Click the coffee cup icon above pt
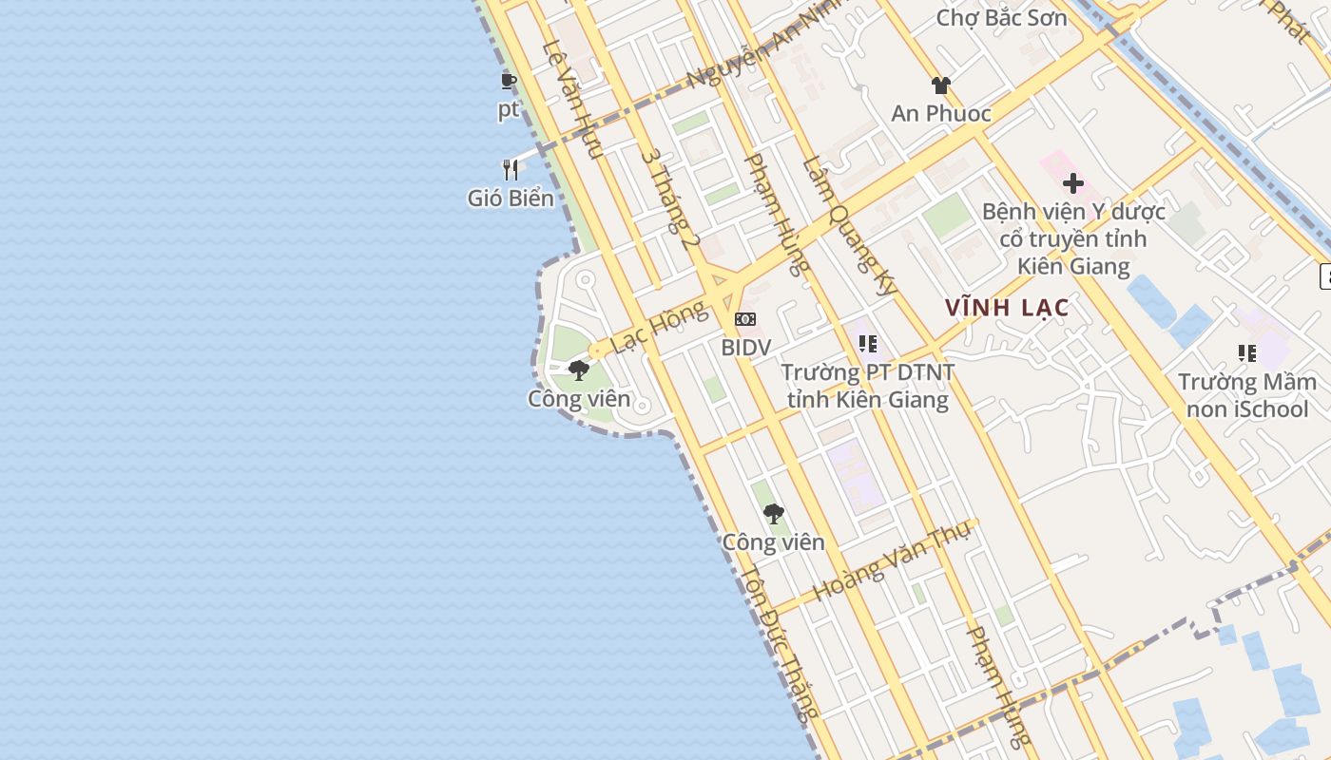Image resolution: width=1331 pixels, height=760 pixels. tap(509, 81)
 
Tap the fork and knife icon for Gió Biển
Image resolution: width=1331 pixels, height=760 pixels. tap(511, 170)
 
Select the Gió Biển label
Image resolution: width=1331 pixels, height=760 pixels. tap(511, 198)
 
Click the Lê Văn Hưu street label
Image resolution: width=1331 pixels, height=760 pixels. tap(572, 99)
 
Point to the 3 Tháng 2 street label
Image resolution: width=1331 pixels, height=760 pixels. tap(670, 199)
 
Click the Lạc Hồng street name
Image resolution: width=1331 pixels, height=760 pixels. tap(659, 326)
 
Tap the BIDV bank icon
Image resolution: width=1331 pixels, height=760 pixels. tap(745, 319)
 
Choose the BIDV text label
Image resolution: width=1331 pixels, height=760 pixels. tap(745, 348)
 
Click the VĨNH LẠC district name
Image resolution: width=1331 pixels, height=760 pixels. tap(1007, 308)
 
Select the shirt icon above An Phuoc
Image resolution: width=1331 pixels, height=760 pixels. tap(941, 85)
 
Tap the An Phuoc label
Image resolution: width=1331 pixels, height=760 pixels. tap(941, 114)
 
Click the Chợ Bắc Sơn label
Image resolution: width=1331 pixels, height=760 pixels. tap(1001, 17)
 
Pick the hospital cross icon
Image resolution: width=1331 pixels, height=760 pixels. tap(1073, 183)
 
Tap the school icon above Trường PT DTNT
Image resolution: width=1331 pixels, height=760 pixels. tap(867, 344)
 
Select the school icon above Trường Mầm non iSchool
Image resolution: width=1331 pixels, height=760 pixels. tap(1247, 353)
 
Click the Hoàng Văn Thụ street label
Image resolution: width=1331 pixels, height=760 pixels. tap(891, 560)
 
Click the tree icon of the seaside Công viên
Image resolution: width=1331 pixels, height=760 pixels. tap(578, 370)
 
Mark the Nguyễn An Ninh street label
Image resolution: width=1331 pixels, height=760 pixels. tap(751, 49)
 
